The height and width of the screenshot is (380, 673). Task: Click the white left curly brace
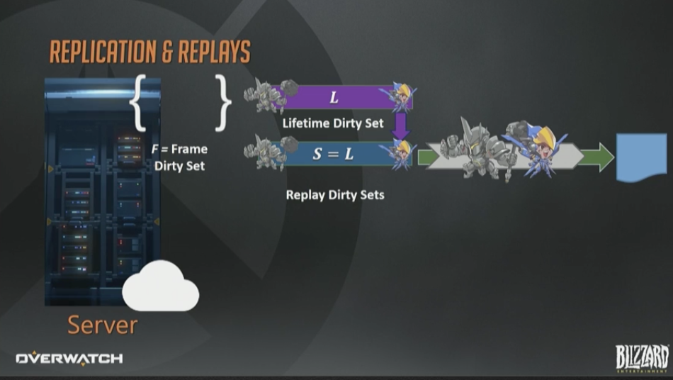tap(137, 104)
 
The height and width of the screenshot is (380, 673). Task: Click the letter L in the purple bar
tap(334, 98)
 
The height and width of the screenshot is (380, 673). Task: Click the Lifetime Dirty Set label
tap(332, 123)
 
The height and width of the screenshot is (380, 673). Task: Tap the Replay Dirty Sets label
tap(335, 194)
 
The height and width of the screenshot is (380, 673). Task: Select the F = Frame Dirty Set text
tap(180, 157)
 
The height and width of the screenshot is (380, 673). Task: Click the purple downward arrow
tap(401, 125)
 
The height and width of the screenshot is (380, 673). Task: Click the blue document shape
tap(642, 157)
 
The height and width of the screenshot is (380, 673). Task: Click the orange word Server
tap(102, 325)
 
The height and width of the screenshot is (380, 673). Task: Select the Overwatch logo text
tap(69, 359)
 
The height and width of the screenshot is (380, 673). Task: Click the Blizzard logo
tap(642, 357)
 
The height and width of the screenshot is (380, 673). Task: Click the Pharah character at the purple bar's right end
tap(398, 96)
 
